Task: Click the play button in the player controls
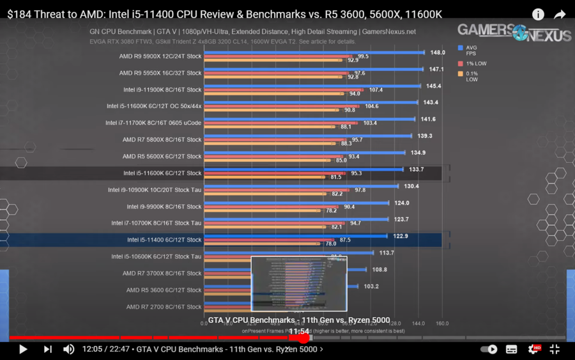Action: pyautogui.click(x=23, y=349)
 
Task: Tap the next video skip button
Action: pyautogui.click(x=47, y=349)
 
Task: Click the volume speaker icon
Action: pyautogui.click(x=68, y=349)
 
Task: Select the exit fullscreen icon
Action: pyautogui.click(x=555, y=349)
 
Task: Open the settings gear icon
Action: pyautogui.click(x=533, y=349)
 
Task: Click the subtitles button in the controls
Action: pyautogui.click(x=511, y=349)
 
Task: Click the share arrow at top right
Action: pyautogui.click(x=560, y=14)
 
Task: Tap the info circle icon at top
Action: pyautogui.click(x=538, y=14)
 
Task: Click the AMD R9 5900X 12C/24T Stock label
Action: pyautogui.click(x=160, y=56)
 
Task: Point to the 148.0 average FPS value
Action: pyautogui.click(x=438, y=53)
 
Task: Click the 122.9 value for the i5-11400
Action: pyautogui.click(x=401, y=237)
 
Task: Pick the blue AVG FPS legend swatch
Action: pyautogui.click(x=460, y=48)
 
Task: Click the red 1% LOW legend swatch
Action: pyautogui.click(x=460, y=63)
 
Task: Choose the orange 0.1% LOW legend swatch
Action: pyautogui.click(x=460, y=74)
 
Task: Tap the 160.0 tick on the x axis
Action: pyautogui.click(x=441, y=324)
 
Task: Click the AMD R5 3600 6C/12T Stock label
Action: pyautogui.click(x=163, y=290)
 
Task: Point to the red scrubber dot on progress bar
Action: pyautogui.click(x=304, y=338)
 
